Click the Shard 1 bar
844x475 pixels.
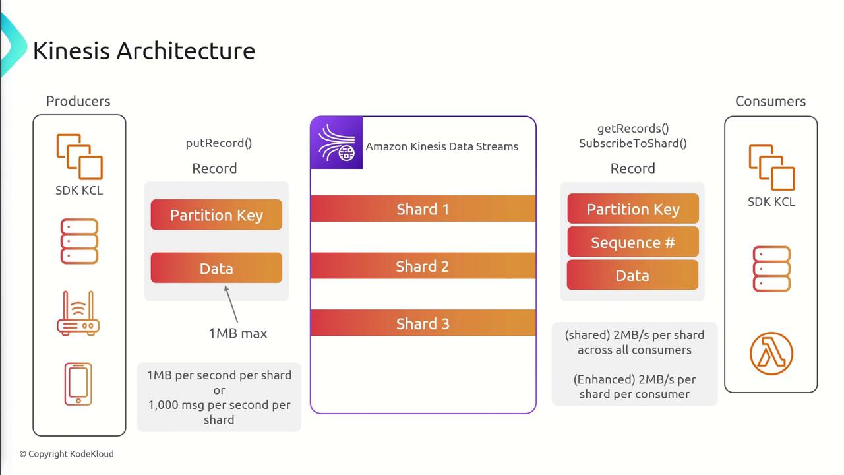click(423, 209)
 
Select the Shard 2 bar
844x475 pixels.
click(423, 266)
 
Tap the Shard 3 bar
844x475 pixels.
click(423, 323)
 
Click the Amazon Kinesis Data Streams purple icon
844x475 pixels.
click(336, 142)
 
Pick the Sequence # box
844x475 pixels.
click(632, 242)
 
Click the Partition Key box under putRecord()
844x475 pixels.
click(216, 215)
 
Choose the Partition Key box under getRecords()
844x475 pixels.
click(632, 209)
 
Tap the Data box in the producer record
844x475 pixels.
click(216, 269)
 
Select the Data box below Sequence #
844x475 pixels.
click(632, 275)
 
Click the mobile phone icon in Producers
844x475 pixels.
click(78, 384)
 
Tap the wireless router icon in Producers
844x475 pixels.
click(78, 313)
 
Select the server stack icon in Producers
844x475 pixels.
click(79, 241)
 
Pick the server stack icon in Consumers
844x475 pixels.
click(771, 269)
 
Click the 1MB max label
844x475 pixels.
click(238, 333)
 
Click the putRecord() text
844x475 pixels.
click(219, 142)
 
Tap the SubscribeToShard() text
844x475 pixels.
click(632, 143)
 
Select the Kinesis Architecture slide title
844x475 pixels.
click(144, 51)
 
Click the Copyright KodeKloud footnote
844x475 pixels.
click(67, 454)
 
